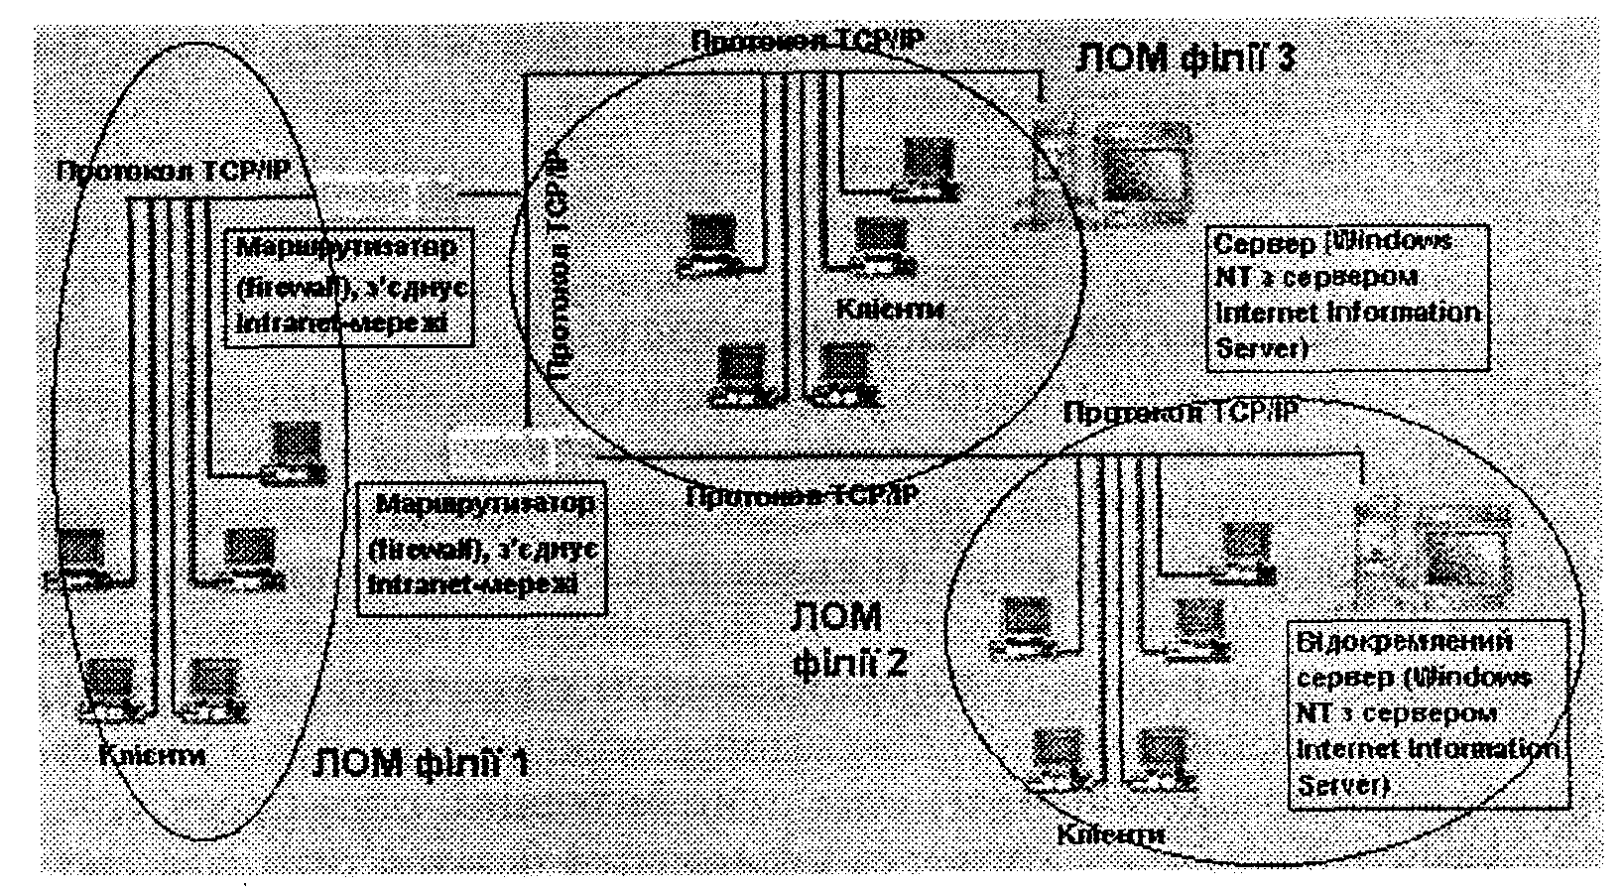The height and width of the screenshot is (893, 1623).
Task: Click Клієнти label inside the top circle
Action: coord(890,308)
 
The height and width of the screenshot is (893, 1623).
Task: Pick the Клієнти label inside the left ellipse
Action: coord(153,754)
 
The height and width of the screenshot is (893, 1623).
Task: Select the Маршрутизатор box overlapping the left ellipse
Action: coord(349,288)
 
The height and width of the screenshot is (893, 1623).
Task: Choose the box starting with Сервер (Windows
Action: coord(1347,297)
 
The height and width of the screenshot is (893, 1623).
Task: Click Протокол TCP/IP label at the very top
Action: coord(807,41)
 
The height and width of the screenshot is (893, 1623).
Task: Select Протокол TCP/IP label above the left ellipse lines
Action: coord(174,170)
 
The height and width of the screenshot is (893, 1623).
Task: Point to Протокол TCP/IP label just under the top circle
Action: coord(802,493)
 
